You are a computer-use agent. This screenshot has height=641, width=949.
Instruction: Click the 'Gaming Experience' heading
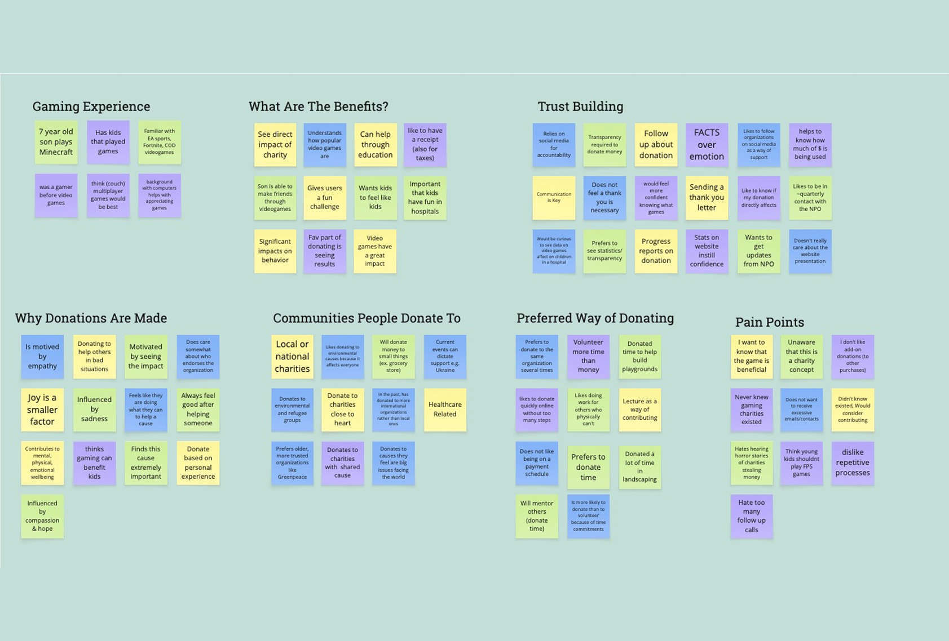click(x=91, y=106)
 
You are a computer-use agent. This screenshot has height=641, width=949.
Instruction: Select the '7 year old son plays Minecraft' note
click(x=56, y=142)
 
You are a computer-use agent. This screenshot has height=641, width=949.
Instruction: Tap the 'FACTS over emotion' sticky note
click(x=707, y=145)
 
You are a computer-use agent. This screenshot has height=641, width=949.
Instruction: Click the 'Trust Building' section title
click(x=580, y=106)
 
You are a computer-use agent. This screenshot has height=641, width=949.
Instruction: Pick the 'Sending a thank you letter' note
click(x=707, y=198)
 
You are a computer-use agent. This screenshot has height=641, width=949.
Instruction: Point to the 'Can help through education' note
click(x=375, y=145)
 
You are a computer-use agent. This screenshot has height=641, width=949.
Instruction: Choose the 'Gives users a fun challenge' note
click(x=324, y=198)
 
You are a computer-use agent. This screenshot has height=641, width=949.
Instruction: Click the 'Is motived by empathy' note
click(x=42, y=357)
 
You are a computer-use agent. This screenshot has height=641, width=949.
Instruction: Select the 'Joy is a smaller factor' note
click(x=42, y=409)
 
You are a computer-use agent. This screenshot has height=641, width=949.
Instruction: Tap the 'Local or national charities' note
click(x=292, y=357)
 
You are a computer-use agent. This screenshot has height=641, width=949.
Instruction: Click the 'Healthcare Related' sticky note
click(x=445, y=409)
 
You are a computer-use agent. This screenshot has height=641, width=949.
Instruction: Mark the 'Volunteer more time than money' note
click(x=588, y=357)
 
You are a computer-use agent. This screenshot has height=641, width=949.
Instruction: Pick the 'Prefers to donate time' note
click(x=588, y=467)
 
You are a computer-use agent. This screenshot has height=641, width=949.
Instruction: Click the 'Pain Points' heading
click(x=769, y=322)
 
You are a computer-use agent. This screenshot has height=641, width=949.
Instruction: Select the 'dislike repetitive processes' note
click(x=853, y=463)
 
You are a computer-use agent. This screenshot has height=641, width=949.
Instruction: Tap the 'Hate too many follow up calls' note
click(x=752, y=516)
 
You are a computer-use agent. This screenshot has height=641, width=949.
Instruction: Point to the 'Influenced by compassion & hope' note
click(x=42, y=516)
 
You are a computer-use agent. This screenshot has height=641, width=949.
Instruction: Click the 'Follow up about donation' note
click(x=656, y=145)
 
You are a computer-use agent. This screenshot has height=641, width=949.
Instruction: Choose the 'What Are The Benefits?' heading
click(x=318, y=106)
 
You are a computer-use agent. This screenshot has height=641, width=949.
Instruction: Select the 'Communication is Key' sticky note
click(x=554, y=198)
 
